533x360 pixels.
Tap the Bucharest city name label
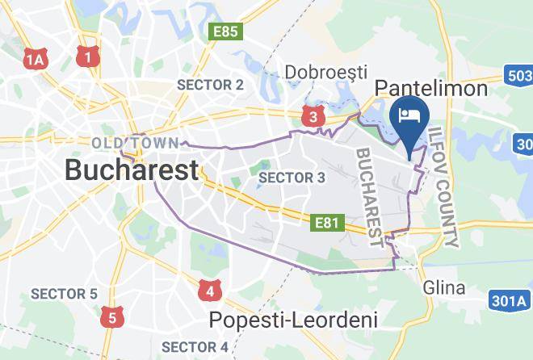pos(131,170)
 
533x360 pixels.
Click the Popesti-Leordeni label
pos(293,320)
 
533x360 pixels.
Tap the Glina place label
pos(444,288)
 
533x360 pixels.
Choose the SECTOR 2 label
pos(210,85)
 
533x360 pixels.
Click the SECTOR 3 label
pos(292,177)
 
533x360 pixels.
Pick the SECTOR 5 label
pos(64,294)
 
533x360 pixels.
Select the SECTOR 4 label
pos(195,347)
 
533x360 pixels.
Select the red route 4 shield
pos(210,290)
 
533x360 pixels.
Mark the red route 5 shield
pos(111,316)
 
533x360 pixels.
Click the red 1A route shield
pos(35,59)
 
